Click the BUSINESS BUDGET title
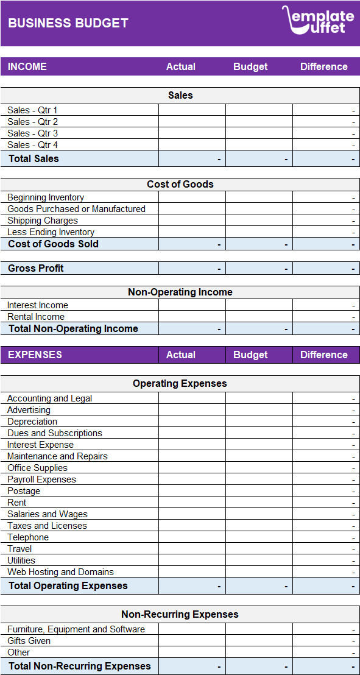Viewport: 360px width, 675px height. [x=68, y=23]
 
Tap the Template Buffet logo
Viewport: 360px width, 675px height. [x=317, y=20]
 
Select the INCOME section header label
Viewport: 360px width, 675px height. [x=27, y=66]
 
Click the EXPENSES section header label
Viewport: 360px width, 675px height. [x=35, y=355]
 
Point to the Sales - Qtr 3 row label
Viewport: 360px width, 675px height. [x=33, y=133]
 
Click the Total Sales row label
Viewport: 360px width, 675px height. [x=34, y=158]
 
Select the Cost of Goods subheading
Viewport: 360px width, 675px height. [x=180, y=184]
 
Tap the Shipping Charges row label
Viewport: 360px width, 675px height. [x=43, y=221]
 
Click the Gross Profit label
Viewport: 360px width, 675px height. [x=36, y=268]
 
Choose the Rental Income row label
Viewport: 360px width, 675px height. [x=36, y=317]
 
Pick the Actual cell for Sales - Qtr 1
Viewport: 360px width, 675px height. [x=192, y=110]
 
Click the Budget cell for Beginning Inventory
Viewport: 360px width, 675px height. [x=259, y=197]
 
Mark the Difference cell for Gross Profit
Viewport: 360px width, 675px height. [x=326, y=268]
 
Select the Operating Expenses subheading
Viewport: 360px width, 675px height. [x=180, y=383]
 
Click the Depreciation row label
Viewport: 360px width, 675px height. [x=32, y=422]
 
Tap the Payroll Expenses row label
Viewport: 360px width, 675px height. [x=41, y=479]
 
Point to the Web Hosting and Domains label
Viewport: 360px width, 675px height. [x=60, y=572]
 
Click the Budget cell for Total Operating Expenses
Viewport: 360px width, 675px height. [x=259, y=586]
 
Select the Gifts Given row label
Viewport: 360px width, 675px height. [x=29, y=641]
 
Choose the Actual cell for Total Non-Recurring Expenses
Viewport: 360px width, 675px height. [x=192, y=666]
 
